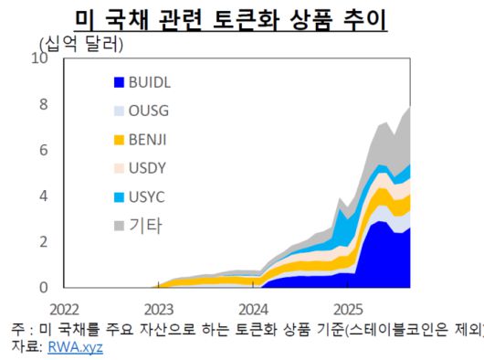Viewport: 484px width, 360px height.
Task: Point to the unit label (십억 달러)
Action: pos(80,43)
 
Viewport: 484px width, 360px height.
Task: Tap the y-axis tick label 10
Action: pos(39,58)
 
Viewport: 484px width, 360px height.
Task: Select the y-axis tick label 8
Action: pos(43,104)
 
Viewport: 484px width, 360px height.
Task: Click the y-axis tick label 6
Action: pos(43,150)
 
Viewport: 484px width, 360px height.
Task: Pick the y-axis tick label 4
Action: pos(43,196)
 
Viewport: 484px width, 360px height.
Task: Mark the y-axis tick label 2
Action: pos(43,241)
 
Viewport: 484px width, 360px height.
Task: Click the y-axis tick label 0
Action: pos(43,287)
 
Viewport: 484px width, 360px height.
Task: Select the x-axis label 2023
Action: pos(159,305)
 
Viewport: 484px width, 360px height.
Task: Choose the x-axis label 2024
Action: pos(253,305)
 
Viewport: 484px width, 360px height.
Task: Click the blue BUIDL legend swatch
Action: pos(118,82)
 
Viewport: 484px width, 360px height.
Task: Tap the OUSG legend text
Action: pos(149,111)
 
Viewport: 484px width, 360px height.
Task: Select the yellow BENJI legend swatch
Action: pos(118,140)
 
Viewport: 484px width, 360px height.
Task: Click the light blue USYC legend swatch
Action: pos(118,197)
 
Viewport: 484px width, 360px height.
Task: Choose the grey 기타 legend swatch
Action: pos(118,226)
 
